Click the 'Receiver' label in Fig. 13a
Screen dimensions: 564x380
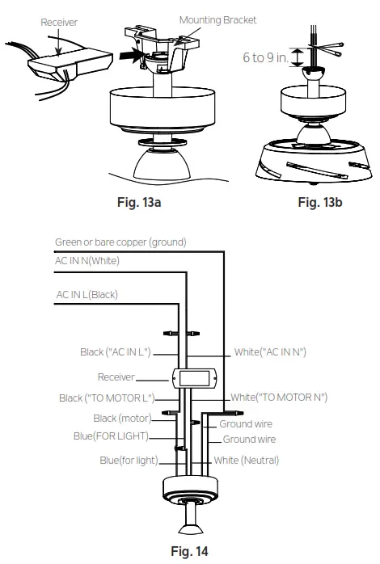(x=59, y=23)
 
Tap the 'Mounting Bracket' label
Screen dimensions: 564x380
(x=218, y=20)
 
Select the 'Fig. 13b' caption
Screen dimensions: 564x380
(x=319, y=202)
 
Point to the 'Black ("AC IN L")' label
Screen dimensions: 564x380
(x=116, y=352)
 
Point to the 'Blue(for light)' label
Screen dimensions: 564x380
(x=129, y=461)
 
